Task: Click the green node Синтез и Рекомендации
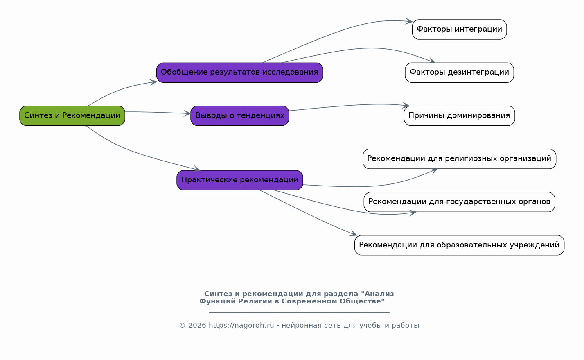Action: [72, 115]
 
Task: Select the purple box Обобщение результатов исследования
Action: [239, 72]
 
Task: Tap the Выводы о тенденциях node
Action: [239, 115]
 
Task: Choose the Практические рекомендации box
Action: [239, 180]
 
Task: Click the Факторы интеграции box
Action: [459, 29]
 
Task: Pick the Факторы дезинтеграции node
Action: [459, 72]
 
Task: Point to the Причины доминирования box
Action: [459, 115]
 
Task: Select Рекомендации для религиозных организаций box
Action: [459, 159]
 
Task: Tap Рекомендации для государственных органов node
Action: [459, 202]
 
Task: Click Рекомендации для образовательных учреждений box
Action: [459, 245]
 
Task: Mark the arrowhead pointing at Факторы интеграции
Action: [409, 21]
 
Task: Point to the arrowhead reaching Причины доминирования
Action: [406, 105]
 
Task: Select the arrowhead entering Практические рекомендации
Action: [197, 169]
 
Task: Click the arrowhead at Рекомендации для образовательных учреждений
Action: [353, 233]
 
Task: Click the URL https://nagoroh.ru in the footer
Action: [241, 325]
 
